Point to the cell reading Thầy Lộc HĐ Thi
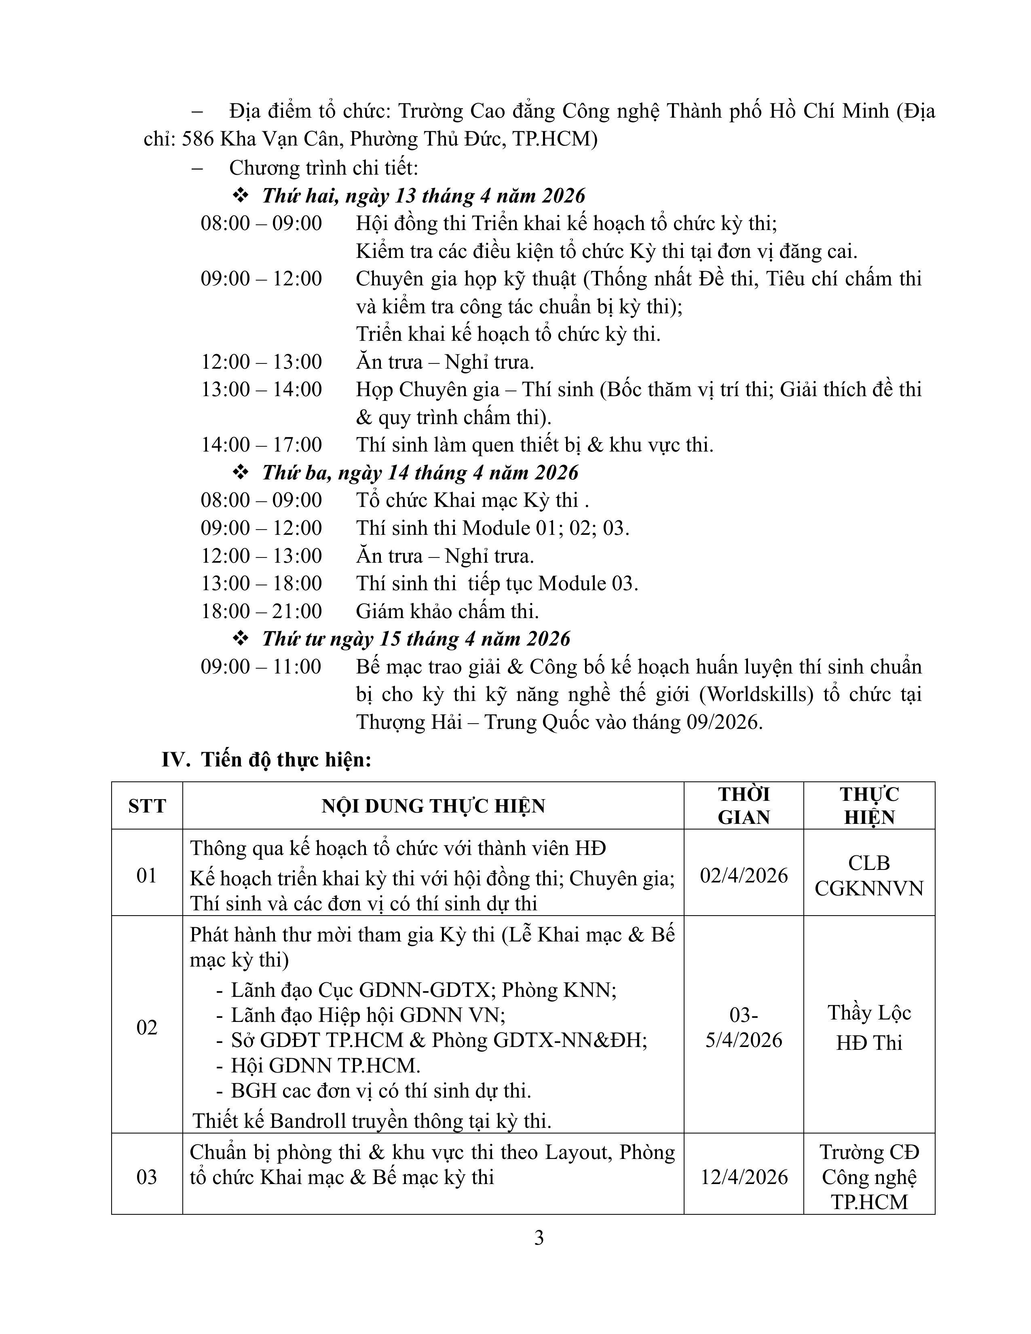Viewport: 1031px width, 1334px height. (x=869, y=1027)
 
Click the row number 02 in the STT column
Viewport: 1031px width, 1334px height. (x=147, y=1027)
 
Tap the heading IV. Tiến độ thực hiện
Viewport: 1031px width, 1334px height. (x=266, y=760)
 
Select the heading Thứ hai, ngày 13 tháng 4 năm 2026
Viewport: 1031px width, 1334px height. (x=423, y=196)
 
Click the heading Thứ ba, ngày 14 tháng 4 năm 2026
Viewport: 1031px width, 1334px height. (x=420, y=472)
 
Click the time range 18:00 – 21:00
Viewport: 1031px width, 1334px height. (x=262, y=611)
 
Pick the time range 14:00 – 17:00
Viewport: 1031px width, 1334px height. (x=262, y=445)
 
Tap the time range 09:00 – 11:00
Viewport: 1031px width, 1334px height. (x=262, y=666)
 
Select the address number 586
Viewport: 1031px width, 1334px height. (x=198, y=140)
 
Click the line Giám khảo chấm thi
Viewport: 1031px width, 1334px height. (x=448, y=611)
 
